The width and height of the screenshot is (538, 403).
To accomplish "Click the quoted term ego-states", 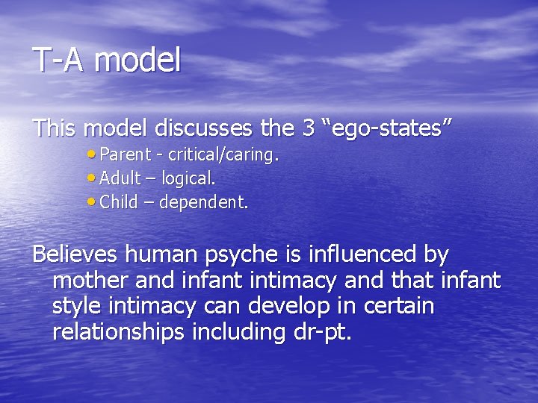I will [x=386, y=128].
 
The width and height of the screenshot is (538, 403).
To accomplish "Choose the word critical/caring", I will [x=223, y=155].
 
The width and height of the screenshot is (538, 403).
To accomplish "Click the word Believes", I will [x=75, y=254].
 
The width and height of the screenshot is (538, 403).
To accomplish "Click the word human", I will [x=160, y=254].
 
